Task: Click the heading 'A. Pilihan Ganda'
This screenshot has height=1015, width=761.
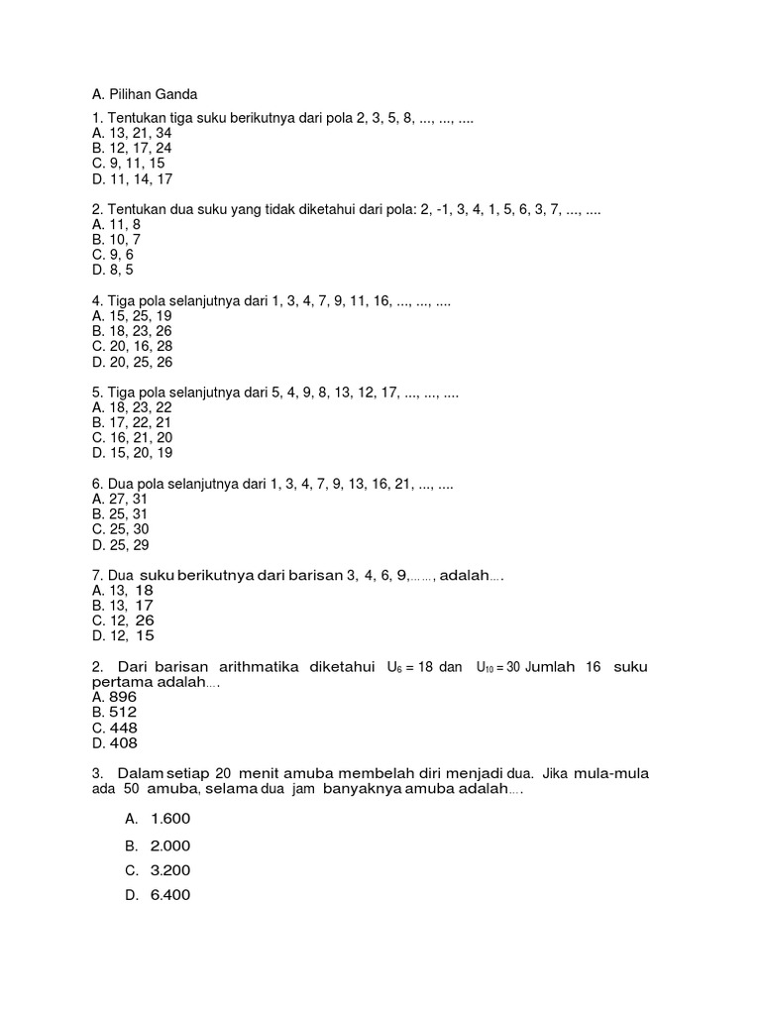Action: click(145, 94)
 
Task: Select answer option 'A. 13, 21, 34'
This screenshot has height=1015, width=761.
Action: click(131, 133)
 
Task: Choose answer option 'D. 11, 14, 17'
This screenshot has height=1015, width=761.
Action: click(132, 179)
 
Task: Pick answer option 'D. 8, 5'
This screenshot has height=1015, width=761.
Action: click(113, 270)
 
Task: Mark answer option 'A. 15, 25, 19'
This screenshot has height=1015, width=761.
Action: click(132, 316)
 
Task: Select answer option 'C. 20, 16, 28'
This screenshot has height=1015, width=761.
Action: click(132, 346)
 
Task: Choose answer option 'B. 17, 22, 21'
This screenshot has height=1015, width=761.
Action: click(132, 422)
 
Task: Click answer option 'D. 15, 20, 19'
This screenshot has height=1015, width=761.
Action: click(132, 453)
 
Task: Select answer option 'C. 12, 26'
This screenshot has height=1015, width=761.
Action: click(123, 620)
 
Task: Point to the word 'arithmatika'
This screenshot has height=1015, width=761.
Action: click(249, 667)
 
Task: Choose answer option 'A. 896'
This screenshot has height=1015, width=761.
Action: click(114, 697)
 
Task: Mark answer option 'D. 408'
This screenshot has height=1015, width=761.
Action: click(114, 742)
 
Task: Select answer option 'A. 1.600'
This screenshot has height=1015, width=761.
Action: click(158, 819)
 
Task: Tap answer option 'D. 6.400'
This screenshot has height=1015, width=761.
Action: click(158, 895)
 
